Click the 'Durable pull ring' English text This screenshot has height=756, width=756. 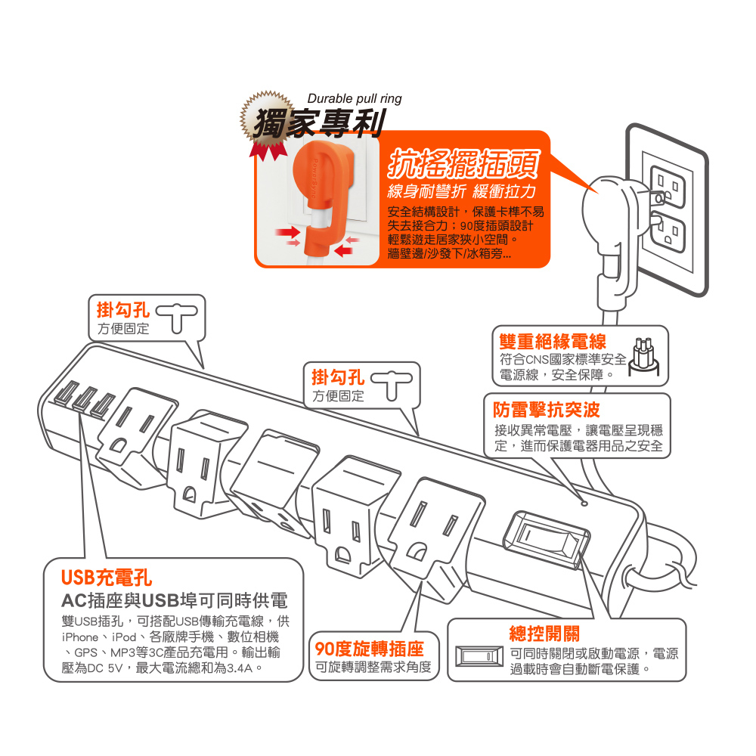click(x=355, y=99)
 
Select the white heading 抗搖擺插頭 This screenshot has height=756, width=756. click(x=463, y=164)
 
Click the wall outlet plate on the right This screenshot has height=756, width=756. click(x=667, y=209)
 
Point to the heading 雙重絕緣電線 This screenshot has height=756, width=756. click(x=553, y=342)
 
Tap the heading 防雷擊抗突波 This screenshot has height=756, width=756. click(x=547, y=410)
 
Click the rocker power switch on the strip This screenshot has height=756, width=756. click(x=547, y=539)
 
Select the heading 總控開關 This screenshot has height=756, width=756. click(x=544, y=634)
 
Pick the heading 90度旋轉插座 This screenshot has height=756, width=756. click(x=370, y=649)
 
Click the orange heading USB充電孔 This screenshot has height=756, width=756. click(x=107, y=578)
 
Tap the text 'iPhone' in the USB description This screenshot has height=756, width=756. click(x=80, y=637)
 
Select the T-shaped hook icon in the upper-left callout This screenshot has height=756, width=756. click(x=176, y=318)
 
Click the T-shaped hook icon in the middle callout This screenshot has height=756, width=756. click(x=392, y=385)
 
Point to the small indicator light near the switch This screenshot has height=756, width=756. click(x=584, y=503)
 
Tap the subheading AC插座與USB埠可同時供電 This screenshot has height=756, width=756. click(x=175, y=601)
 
